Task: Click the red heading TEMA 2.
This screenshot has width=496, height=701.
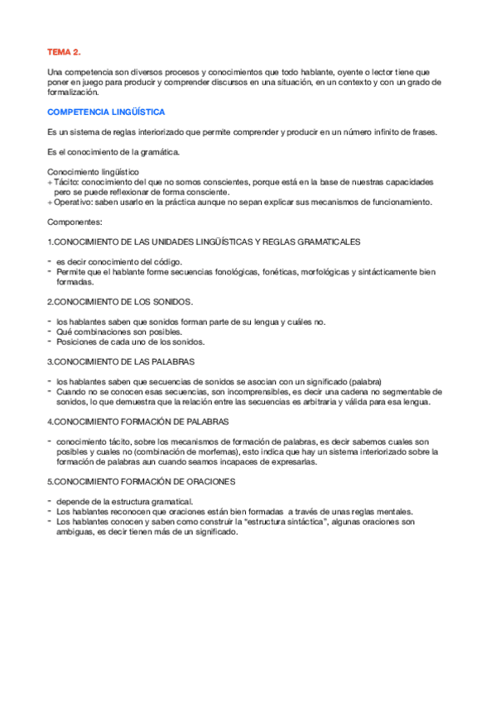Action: (x=64, y=51)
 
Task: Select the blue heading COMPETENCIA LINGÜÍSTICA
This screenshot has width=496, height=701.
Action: (x=106, y=111)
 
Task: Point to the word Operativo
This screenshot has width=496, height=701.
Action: (x=73, y=202)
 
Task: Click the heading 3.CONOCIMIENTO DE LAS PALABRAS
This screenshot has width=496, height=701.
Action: (x=123, y=360)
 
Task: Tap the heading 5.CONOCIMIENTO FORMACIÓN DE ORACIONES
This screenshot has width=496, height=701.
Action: (x=141, y=481)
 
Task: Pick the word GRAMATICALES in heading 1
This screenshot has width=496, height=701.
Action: (x=329, y=241)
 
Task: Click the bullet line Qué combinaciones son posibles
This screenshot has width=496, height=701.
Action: (x=119, y=331)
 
